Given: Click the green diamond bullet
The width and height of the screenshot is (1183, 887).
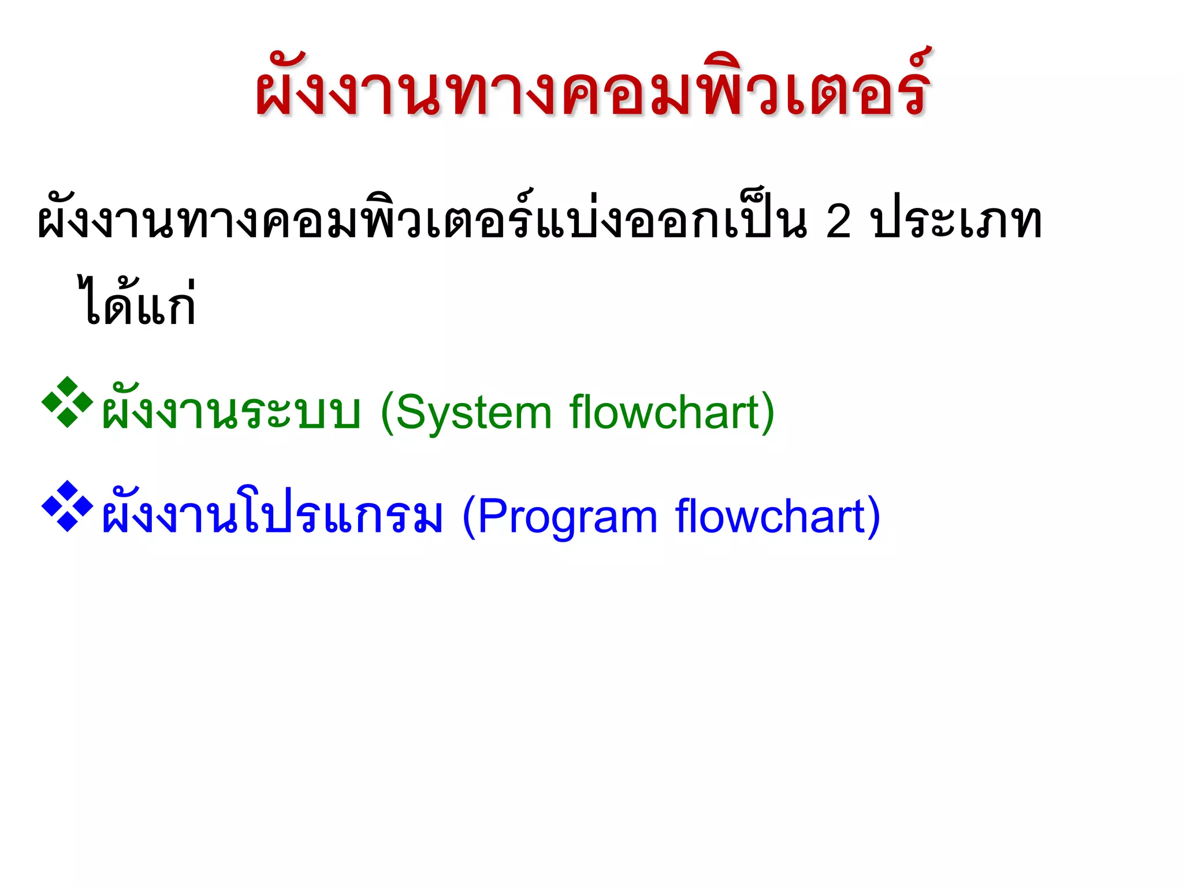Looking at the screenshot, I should point(67,402).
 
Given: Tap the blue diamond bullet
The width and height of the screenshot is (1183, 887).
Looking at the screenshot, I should point(67,506).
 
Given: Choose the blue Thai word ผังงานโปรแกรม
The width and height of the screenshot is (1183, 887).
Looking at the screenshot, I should point(271,516).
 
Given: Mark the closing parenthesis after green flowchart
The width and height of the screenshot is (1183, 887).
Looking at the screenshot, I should point(768,413).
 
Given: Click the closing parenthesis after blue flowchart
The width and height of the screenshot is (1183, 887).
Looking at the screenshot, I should point(873,517).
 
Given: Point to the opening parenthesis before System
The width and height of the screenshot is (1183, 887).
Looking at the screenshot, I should point(387,413).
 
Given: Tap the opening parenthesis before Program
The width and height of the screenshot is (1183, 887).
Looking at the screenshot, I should point(469,517).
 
